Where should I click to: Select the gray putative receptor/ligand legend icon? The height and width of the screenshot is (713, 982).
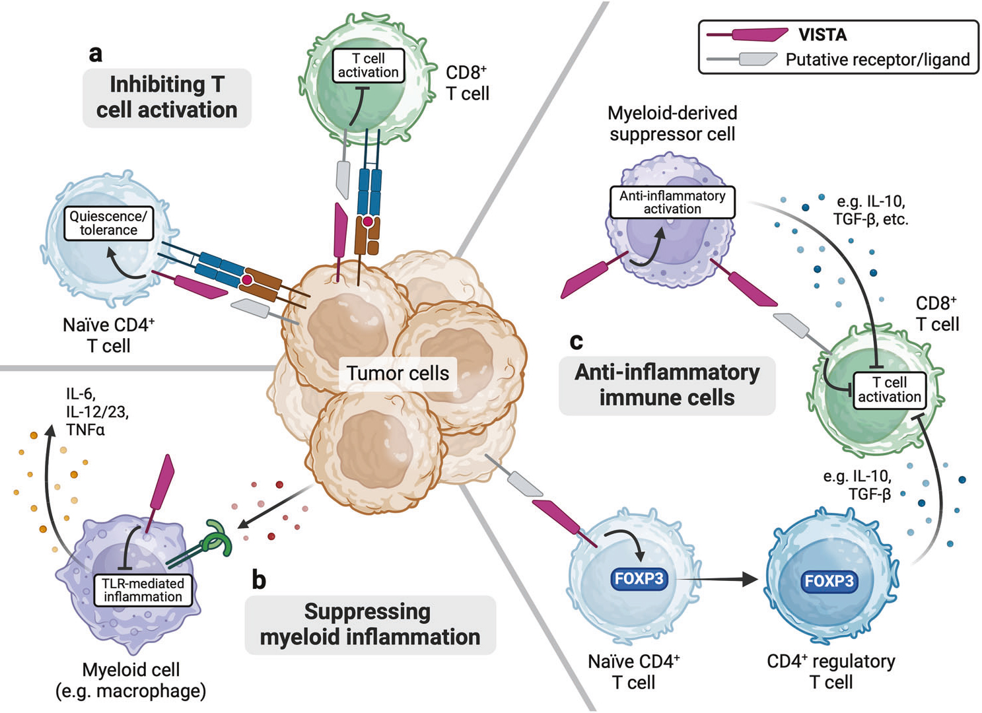coord(743,59)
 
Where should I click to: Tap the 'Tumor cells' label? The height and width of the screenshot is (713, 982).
coord(398,373)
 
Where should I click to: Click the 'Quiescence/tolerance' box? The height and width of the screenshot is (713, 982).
coord(108,223)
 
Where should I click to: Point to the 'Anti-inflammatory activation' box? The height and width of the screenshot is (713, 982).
coord(672,203)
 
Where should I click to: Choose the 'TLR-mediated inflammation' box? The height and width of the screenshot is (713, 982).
coord(143,590)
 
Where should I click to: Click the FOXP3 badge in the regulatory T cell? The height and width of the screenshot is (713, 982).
coord(829,581)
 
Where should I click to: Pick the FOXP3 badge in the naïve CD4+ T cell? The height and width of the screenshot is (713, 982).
coord(639,579)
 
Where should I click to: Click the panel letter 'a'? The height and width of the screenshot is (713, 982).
coord(96,53)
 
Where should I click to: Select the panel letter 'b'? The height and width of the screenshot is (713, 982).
coord(259,580)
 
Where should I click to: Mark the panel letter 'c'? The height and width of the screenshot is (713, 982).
coord(576,341)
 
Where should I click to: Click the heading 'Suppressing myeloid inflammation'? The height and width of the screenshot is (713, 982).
coord(370,625)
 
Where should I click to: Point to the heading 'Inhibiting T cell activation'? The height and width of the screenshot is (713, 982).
coord(166,97)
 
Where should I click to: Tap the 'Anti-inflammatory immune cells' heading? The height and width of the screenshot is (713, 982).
coord(667,385)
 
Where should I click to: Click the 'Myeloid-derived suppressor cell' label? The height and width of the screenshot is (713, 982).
coord(672,123)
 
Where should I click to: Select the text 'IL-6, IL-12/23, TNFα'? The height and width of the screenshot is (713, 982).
coord(96,412)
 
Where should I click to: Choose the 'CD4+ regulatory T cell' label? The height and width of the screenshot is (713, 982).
coord(831,671)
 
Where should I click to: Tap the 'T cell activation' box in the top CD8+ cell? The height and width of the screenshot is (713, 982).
coord(368,65)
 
